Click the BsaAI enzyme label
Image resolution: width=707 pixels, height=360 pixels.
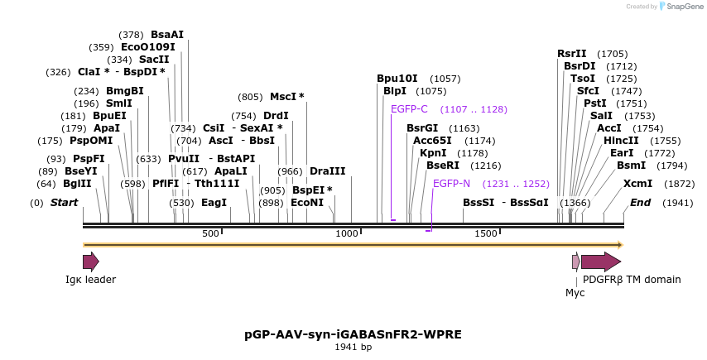[167, 35]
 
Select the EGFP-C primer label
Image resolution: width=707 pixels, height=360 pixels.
[409, 109]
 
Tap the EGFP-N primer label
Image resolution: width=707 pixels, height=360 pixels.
[451, 184]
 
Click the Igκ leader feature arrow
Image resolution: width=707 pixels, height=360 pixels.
[90, 262]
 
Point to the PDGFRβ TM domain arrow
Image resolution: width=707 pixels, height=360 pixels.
[600, 262]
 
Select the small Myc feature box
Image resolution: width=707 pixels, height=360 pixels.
[576, 262]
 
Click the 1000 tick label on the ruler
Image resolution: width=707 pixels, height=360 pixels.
[347, 233]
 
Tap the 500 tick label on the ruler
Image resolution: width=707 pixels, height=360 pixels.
[210, 233]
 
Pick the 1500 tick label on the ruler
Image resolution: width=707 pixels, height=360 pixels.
[485, 233]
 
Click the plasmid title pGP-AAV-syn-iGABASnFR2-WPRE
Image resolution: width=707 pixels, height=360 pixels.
[353, 334]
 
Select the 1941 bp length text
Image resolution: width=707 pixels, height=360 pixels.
[353, 347]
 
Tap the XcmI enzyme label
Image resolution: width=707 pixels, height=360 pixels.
[637, 184]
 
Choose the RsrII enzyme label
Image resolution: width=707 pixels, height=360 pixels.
[571, 54]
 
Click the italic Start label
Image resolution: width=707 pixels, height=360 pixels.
[64, 203]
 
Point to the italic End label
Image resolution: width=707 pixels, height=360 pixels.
[640, 203]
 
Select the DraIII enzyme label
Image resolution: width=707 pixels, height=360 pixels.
[327, 171]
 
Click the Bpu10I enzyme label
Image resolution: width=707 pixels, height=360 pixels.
[397, 79]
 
